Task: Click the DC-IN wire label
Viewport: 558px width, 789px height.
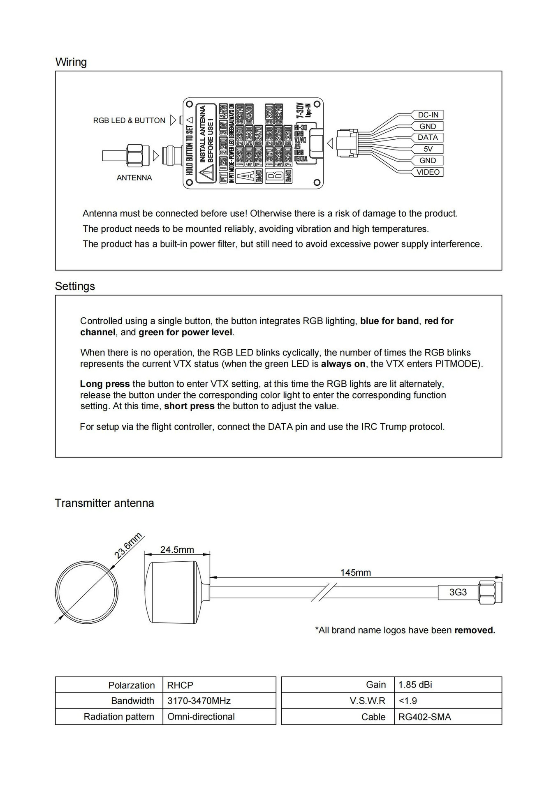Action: pyautogui.click(x=428, y=115)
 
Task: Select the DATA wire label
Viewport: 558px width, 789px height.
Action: pyautogui.click(x=428, y=137)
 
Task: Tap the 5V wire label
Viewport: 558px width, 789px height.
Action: pyautogui.click(x=428, y=149)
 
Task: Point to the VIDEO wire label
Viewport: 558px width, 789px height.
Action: pyautogui.click(x=428, y=172)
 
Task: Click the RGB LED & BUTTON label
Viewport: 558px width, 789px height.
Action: pyautogui.click(x=129, y=120)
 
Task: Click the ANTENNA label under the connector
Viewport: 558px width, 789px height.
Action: pyautogui.click(x=134, y=178)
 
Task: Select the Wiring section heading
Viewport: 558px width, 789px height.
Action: pyautogui.click(x=71, y=62)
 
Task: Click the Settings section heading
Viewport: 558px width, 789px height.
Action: pyautogui.click(x=75, y=286)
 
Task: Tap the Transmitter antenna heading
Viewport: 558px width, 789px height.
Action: pyautogui.click(x=104, y=503)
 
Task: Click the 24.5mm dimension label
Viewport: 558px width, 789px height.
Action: pyautogui.click(x=177, y=550)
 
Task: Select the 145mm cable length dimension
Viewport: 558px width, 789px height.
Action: pyautogui.click(x=355, y=572)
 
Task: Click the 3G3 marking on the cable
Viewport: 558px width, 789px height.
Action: pyautogui.click(x=458, y=592)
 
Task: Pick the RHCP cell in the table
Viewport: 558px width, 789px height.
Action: pyautogui.click(x=180, y=685)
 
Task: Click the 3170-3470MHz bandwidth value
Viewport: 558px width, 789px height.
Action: pyautogui.click(x=199, y=701)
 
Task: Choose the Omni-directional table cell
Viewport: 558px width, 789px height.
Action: pyautogui.click(x=201, y=717)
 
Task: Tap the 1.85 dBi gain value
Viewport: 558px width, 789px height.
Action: pyautogui.click(x=415, y=685)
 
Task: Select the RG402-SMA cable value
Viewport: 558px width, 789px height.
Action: pyautogui.click(x=425, y=717)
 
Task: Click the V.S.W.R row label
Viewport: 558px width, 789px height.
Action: pyautogui.click(x=368, y=701)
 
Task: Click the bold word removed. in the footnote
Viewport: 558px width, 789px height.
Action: pyautogui.click(x=475, y=630)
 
